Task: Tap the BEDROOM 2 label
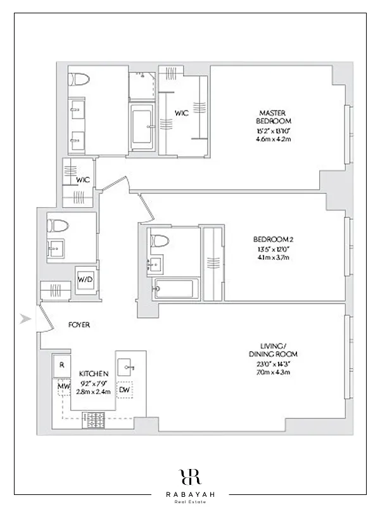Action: pos(272,239)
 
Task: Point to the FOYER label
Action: pos(79,324)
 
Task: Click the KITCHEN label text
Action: pos(94,374)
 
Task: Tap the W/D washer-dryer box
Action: pos(85,279)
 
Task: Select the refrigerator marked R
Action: pos(61,365)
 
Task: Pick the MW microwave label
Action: pos(63,385)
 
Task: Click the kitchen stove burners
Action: pos(95,419)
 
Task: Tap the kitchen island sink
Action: pos(129,367)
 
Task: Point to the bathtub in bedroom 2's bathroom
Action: pos(172,290)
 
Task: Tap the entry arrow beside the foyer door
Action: pos(25,319)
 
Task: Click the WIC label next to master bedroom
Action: pos(183,114)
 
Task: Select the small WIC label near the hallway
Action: pos(83,180)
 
